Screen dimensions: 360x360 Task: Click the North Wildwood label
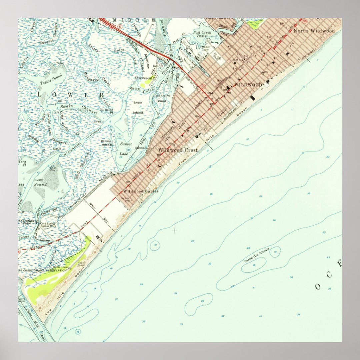click(x=314, y=31)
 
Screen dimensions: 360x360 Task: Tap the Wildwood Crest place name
click(x=178, y=150)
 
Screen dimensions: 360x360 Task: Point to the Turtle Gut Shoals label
click(x=256, y=255)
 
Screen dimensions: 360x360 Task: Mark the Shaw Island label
click(x=138, y=108)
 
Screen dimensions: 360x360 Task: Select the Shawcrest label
click(x=143, y=78)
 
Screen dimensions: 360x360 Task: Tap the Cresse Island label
click(x=107, y=143)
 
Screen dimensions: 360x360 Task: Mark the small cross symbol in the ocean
click(x=174, y=230)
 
